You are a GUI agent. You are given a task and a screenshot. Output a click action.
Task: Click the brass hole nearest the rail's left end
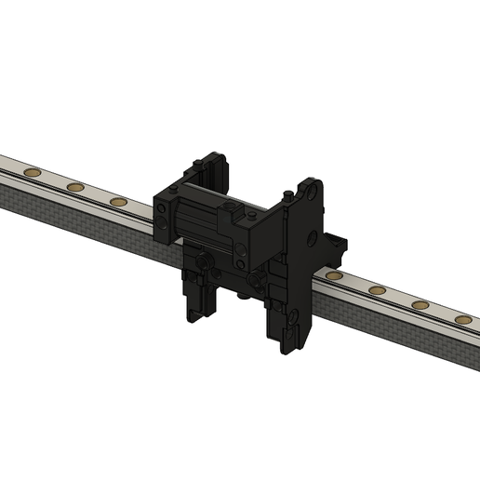31,172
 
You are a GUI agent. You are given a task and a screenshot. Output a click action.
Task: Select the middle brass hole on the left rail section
73,187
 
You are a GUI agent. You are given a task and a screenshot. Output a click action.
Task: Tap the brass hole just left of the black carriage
117,201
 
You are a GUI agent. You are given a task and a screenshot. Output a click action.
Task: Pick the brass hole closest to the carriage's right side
334,277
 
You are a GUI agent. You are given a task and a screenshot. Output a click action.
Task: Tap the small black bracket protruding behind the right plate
340,247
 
